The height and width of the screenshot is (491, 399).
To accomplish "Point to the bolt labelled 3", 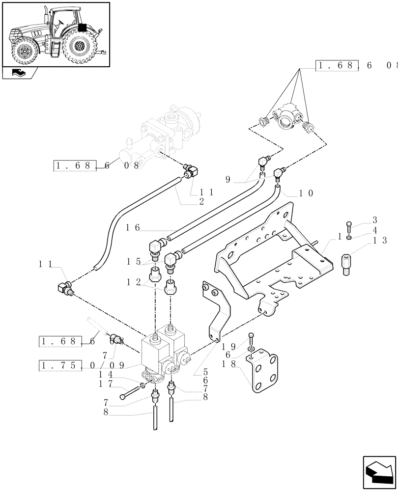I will point(348,226).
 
